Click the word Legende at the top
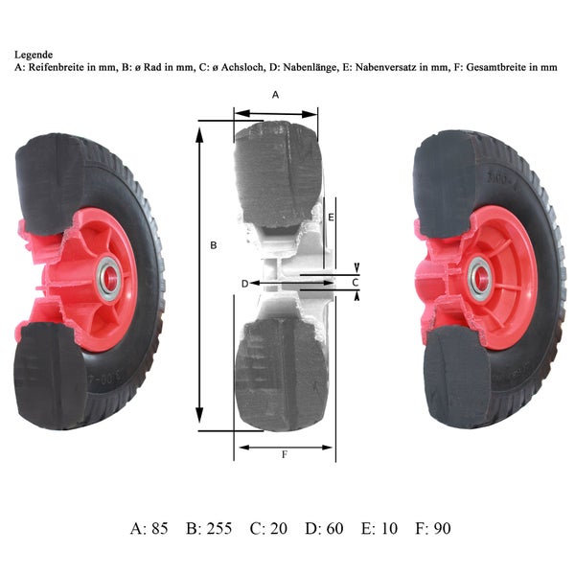pyautogui.click(x=34, y=55)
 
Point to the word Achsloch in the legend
pyautogui.click(x=242, y=67)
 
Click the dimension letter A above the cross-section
pyautogui.click(x=275, y=95)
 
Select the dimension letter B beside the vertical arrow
pyautogui.click(x=214, y=245)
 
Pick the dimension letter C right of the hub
pyautogui.click(x=355, y=283)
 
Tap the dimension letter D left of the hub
pyautogui.click(x=245, y=284)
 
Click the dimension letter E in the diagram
pyautogui.click(x=331, y=218)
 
